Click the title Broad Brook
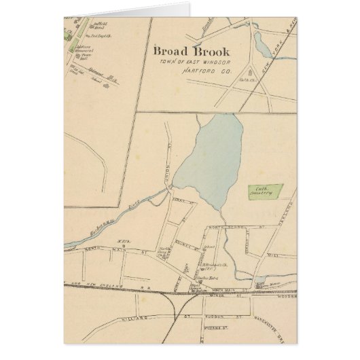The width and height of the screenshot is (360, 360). (191, 52)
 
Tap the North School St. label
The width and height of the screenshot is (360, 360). (234, 229)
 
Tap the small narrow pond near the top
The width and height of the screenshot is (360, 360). (261, 45)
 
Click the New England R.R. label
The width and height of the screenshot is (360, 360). (102, 283)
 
